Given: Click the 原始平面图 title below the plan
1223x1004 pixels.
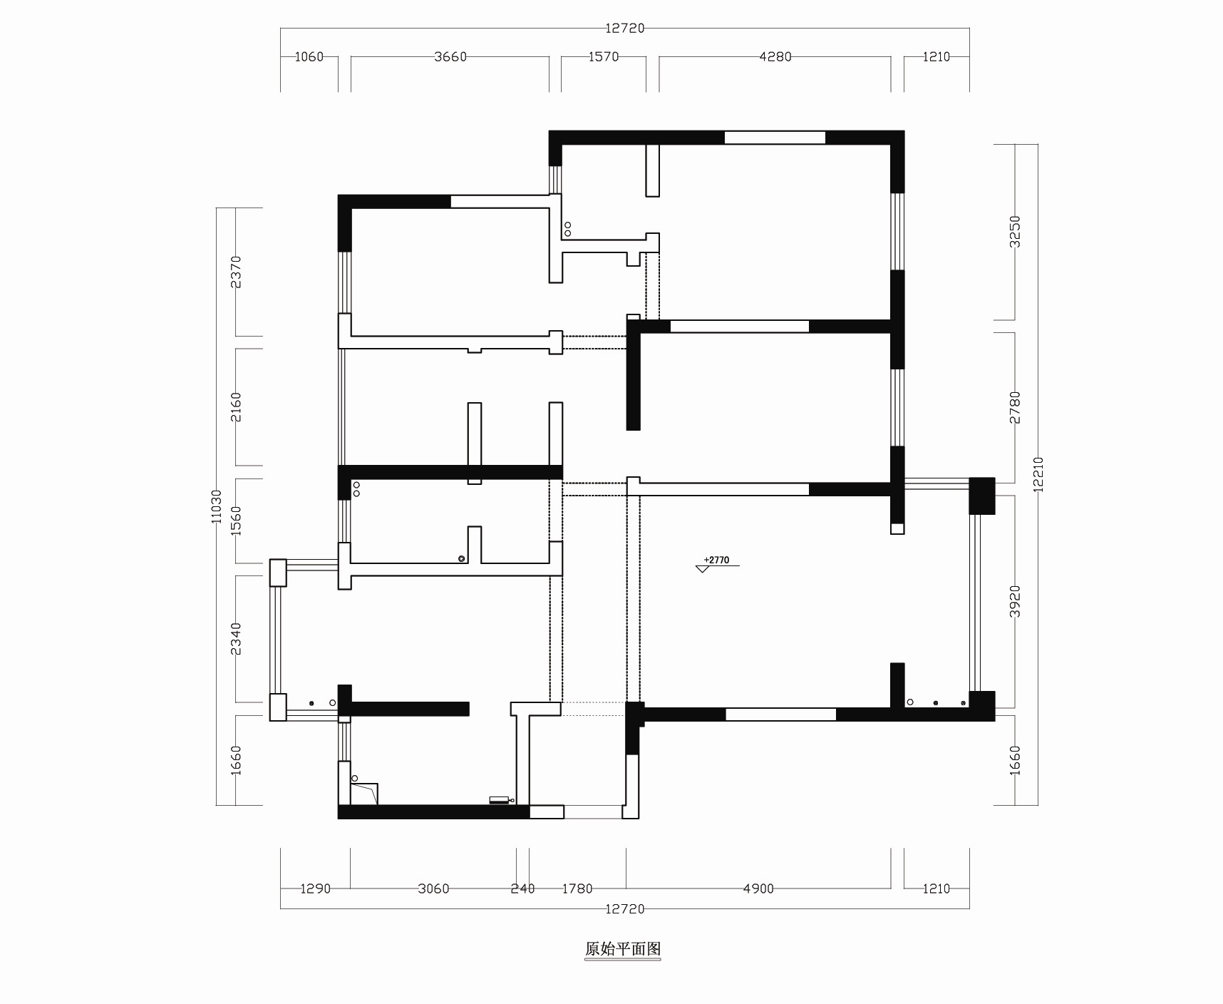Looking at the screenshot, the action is (x=623, y=949).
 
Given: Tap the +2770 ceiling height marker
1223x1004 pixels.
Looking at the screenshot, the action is (x=716, y=560).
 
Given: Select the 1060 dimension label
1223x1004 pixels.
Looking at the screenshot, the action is (x=309, y=57).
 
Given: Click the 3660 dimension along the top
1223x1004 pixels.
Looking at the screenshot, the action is (x=450, y=57).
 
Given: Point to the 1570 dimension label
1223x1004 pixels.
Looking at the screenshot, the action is (x=604, y=57).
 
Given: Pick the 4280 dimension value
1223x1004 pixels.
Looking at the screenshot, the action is (x=775, y=57).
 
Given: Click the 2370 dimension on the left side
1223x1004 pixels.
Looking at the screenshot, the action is (x=236, y=272).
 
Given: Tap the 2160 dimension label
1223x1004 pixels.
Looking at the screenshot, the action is (x=236, y=406).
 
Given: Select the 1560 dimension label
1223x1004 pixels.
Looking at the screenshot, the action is (x=236, y=521).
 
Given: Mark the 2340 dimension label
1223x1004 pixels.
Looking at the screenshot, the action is (x=236, y=638).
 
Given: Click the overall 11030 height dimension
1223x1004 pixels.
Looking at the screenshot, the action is (x=217, y=506).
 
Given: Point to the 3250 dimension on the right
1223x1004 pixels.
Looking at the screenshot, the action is (x=1016, y=232).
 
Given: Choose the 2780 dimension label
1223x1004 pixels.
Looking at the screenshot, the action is (x=1016, y=407).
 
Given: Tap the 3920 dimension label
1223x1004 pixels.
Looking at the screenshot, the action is (x=1016, y=601).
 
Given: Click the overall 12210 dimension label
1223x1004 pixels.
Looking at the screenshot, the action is (x=1038, y=474).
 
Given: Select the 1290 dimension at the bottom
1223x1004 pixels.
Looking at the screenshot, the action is (x=315, y=888).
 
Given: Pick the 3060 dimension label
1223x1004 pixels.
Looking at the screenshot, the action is (x=433, y=888).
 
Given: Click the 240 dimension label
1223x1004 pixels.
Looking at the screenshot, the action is (x=523, y=888).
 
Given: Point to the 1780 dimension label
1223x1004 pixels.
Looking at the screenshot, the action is (x=577, y=888).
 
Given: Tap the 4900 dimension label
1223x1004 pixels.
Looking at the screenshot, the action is (x=758, y=888).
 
